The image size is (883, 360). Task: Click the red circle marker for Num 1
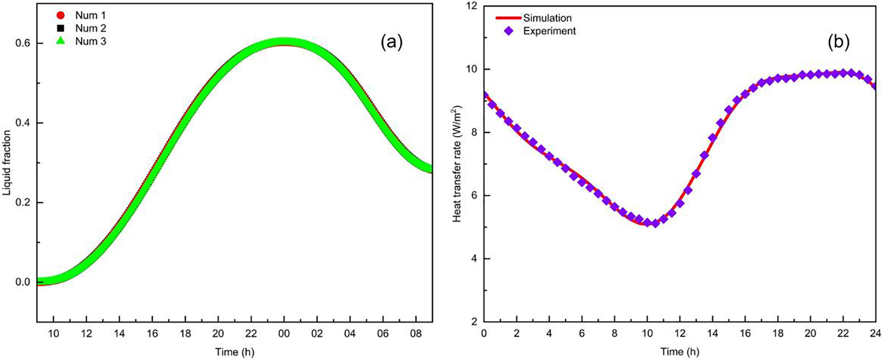[60, 16]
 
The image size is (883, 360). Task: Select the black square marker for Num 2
[60, 28]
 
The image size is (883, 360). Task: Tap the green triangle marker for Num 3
[60, 41]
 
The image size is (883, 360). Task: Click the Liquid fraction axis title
[7, 163]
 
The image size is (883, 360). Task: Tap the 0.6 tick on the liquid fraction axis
[24, 43]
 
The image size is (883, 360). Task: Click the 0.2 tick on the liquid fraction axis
[24, 203]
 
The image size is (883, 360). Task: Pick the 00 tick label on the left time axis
[284, 334]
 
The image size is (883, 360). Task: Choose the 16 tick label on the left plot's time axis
[152, 334]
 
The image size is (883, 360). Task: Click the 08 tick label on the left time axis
[415, 334]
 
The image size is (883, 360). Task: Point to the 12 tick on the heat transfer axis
[473, 7]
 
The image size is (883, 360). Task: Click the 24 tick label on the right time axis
[876, 334]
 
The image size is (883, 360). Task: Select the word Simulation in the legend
[547, 18]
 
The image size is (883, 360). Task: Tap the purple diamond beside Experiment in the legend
[508, 31]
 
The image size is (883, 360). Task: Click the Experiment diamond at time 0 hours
[485, 95]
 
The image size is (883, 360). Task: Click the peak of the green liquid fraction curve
[284, 42]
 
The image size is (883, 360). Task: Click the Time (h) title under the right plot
[679, 352]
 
